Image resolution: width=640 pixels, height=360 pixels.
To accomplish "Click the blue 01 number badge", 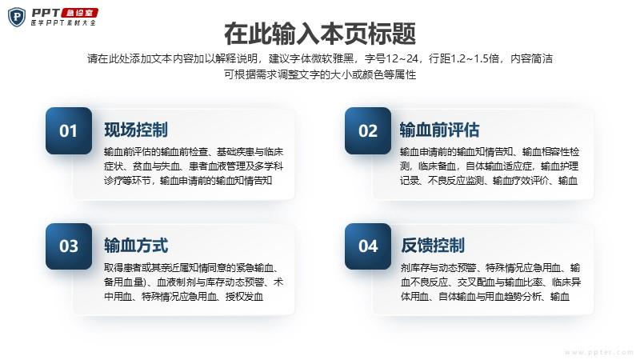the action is (x=69, y=130).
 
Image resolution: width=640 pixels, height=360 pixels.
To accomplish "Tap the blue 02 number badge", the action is (x=368, y=130).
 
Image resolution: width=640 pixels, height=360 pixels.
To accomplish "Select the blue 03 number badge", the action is (x=69, y=246).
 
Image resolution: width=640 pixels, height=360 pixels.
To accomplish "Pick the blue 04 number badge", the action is (x=368, y=246).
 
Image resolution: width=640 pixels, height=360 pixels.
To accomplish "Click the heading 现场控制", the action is (x=136, y=130).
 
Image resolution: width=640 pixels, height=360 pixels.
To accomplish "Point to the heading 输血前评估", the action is (x=439, y=130).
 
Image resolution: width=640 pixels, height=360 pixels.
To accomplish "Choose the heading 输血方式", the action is (x=136, y=246).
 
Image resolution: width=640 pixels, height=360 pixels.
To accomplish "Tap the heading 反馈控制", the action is (x=433, y=246).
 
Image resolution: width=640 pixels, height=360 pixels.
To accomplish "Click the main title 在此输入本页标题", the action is (x=320, y=34).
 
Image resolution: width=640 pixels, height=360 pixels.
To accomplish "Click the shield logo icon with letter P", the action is (x=17, y=17).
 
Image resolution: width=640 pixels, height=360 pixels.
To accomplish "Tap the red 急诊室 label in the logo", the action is (x=79, y=13).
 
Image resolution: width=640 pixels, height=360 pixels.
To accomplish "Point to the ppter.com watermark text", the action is (x=598, y=352).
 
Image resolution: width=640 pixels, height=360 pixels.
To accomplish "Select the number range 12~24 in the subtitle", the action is (x=402, y=58).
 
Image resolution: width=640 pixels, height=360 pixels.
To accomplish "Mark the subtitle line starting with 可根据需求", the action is (x=320, y=74).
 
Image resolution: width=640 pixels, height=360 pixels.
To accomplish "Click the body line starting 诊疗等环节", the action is (x=188, y=181).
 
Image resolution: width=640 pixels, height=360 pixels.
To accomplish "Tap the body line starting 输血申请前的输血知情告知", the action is (x=490, y=152).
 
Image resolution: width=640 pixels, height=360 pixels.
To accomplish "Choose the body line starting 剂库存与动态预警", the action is (x=490, y=268).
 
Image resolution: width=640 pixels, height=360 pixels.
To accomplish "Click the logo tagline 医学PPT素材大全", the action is (x=63, y=23).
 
